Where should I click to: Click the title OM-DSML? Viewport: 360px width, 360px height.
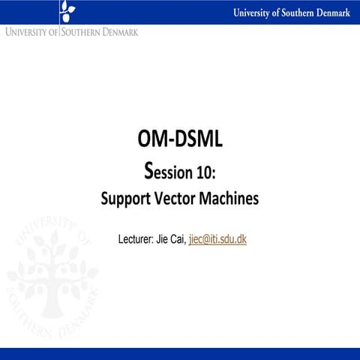pyautogui.click(x=180, y=139)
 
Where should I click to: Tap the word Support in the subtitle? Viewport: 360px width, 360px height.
pyautogui.click(x=125, y=200)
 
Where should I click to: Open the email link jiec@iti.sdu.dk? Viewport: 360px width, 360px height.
pyautogui.click(x=217, y=240)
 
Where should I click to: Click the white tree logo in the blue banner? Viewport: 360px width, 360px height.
pyautogui.click(x=67, y=10)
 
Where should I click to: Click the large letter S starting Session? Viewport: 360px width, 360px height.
pyautogui.click(x=148, y=172)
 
